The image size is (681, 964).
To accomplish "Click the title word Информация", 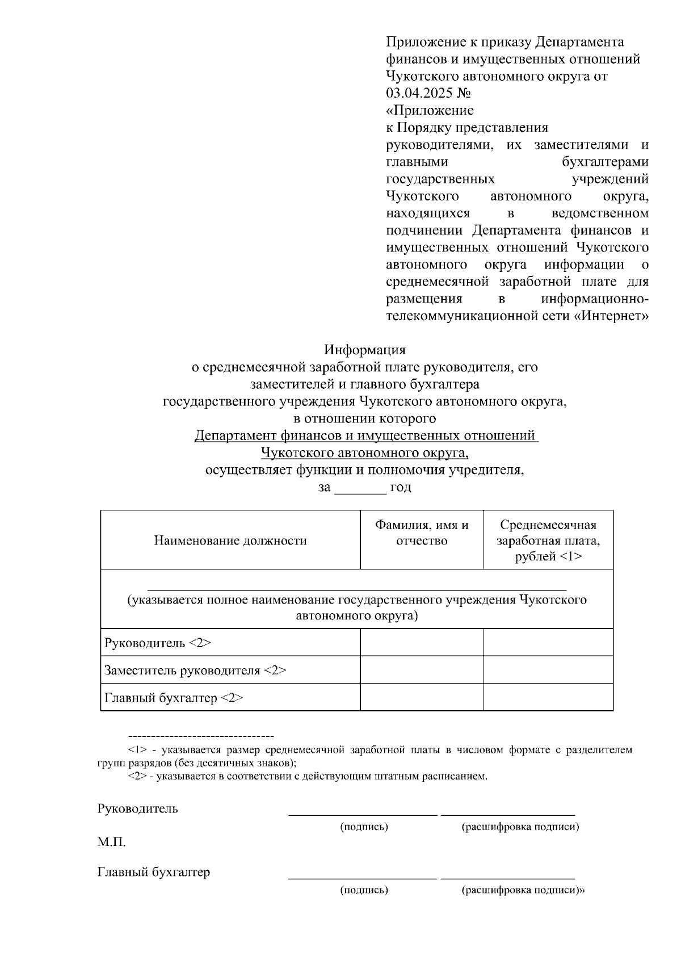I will coord(364,349).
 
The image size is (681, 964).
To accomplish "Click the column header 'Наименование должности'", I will coord(230,540).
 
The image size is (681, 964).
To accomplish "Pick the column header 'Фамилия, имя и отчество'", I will coord(422,533).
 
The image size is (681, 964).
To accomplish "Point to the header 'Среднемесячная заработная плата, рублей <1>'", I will coord(548,540).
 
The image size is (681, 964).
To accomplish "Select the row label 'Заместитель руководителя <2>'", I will coord(195,670).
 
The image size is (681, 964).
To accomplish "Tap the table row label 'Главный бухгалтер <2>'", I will coord(173,698).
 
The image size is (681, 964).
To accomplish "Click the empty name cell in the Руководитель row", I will coord(422,643).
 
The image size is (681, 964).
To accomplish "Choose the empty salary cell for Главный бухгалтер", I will coord(548,697).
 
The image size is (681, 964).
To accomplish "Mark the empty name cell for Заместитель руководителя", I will coord(422,670).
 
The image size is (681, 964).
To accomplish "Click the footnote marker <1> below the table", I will coord(138,750).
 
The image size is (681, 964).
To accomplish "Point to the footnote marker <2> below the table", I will coord(138,776).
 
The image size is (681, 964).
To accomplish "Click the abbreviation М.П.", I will coord(111,842).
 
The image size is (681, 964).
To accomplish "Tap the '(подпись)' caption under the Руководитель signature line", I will coord(364,827).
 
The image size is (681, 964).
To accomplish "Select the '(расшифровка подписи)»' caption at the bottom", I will coord(523,890).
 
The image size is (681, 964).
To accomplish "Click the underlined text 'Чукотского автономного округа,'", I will coord(364,453).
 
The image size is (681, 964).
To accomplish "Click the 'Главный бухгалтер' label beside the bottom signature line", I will coord(153,871).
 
